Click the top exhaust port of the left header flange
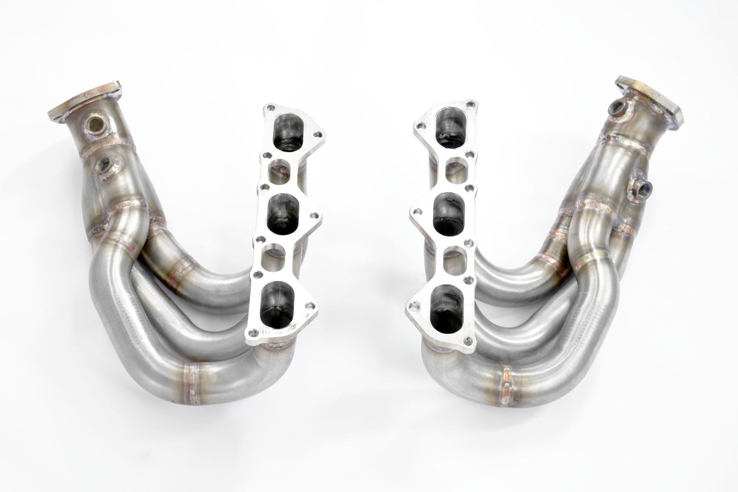(x=286, y=133)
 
